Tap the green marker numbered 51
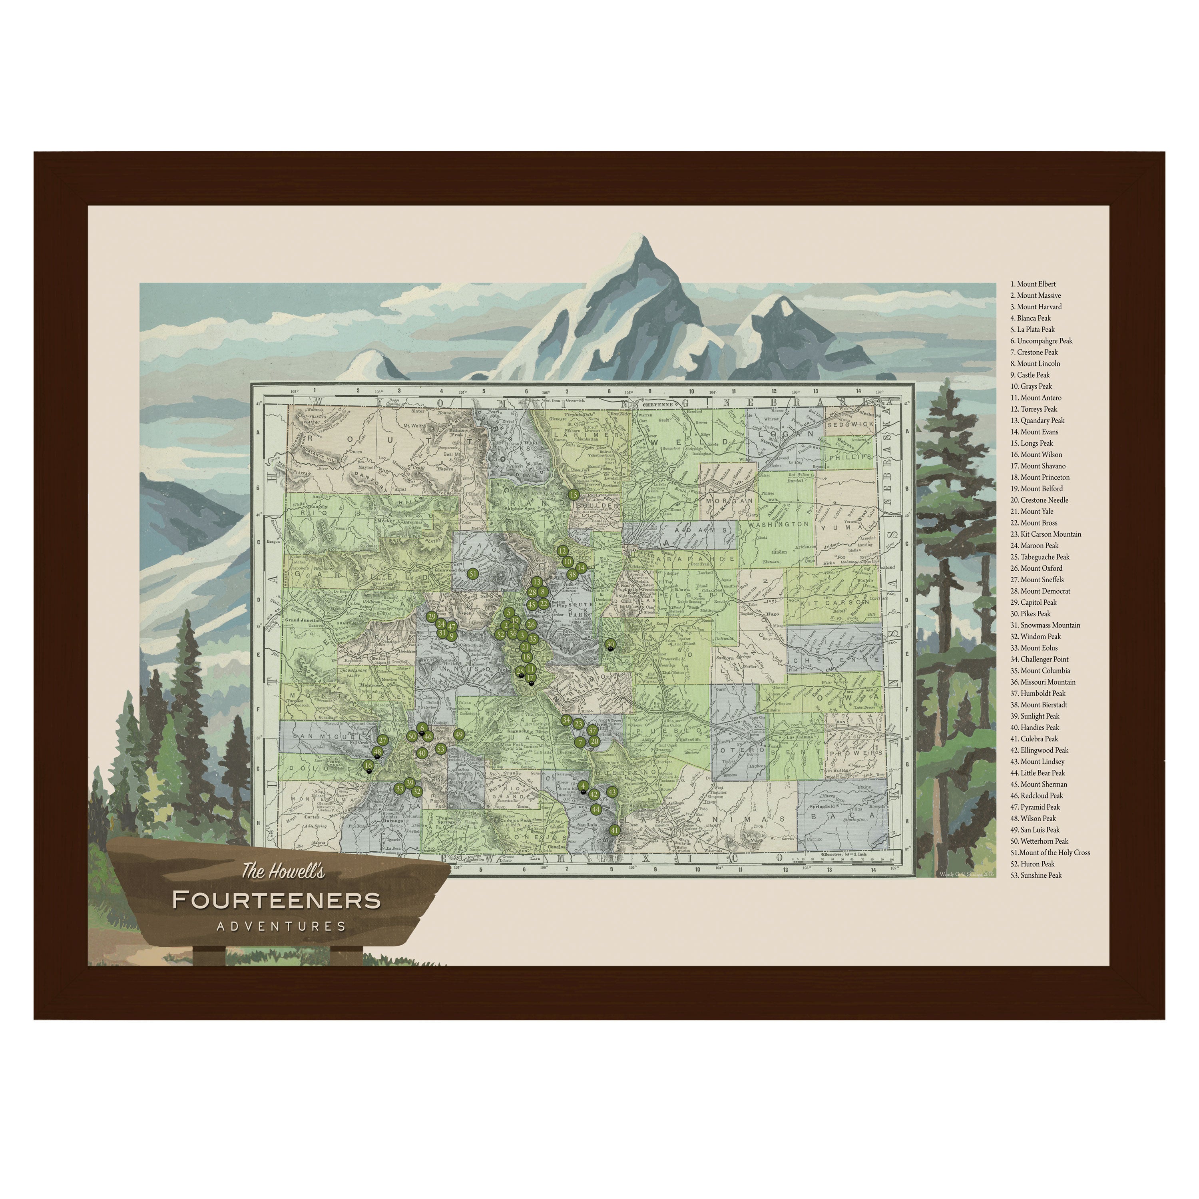pyautogui.click(x=473, y=574)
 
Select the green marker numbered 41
pyautogui.click(x=614, y=830)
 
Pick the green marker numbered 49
pyautogui.click(x=459, y=734)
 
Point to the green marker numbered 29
pyautogui.click(x=431, y=616)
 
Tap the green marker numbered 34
pyautogui.click(x=566, y=720)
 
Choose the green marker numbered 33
pyautogui.click(x=399, y=789)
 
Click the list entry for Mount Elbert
pyautogui.click(x=1036, y=284)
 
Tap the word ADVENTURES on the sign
pyautogui.click(x=281, y=926)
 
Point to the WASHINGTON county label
pyautogui.click(x=779, y=524)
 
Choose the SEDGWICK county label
pyautogui.click(x=850, y=424)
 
